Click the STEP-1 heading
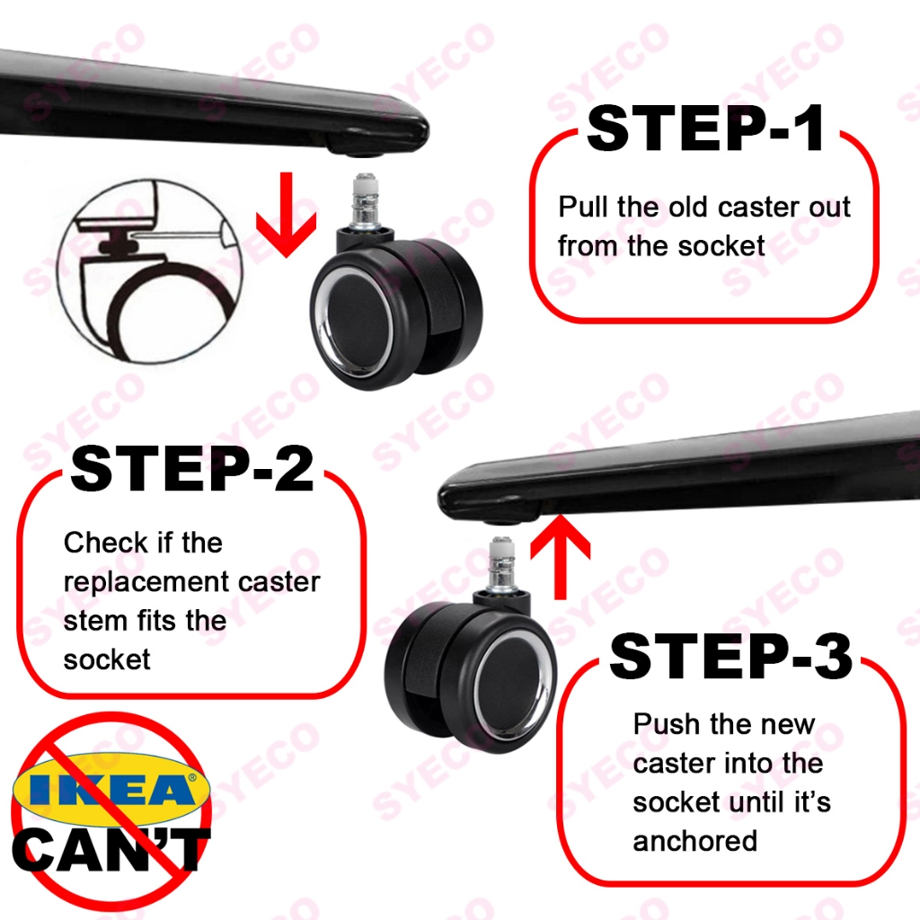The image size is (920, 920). click(x=705, y=128)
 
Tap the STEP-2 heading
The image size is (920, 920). click(x=192, y=469)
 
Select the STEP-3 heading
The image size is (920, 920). click(x=731, y=657)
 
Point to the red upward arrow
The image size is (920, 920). click(x=561, y=557)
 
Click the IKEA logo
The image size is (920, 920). click(x=111, y=789)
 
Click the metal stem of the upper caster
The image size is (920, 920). click(x=365, y=201)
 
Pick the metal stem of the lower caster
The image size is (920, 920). click(x=501, y=564)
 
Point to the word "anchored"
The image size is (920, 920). click(x=695, y=841)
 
